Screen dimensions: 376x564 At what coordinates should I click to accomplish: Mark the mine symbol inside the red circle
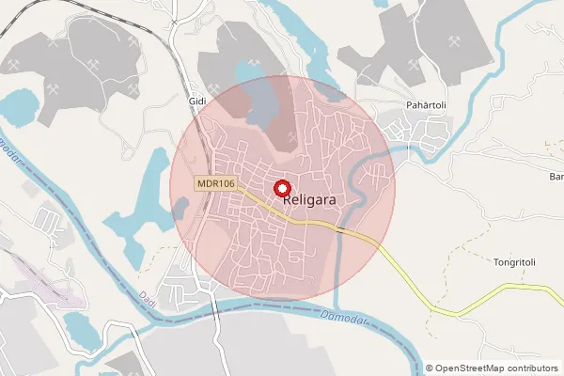coord(292,137)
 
